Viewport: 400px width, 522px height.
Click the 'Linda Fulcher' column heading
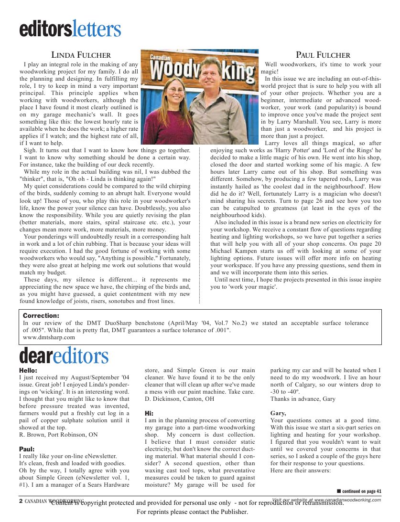point(81,55)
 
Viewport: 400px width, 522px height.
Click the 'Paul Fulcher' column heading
point(323,55)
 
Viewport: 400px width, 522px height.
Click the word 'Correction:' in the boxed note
point(41,316)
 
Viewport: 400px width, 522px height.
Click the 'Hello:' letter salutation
point(28,370)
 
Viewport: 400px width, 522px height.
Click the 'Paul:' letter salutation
point(27,449)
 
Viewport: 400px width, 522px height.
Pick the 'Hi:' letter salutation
point(149,413)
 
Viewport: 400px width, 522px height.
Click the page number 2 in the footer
point(21,501)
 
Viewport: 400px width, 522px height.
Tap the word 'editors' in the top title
point(45,30)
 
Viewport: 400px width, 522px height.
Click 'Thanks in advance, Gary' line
point(303,399)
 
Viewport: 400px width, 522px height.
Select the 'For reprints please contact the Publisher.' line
point(193,512)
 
